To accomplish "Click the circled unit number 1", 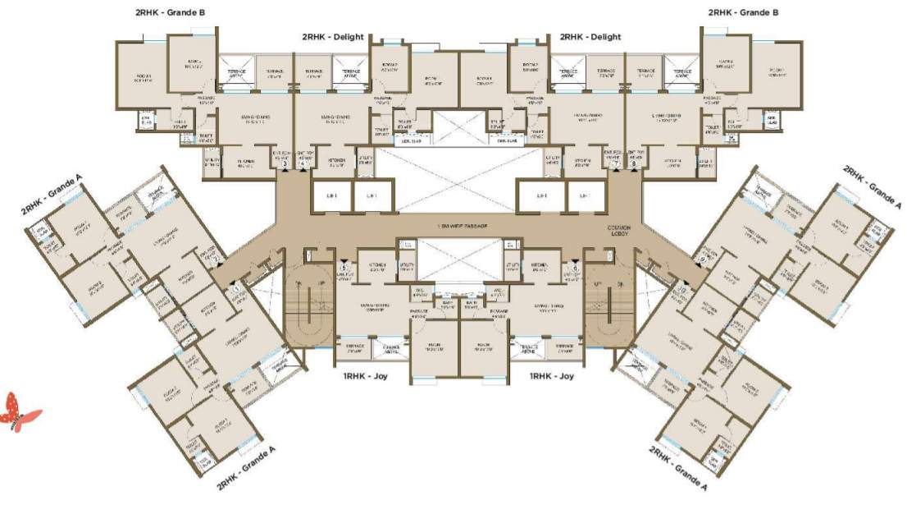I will (x=237, y=289).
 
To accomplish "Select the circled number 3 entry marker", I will (x=285, y=164).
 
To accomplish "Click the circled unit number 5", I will (x=344, y=268).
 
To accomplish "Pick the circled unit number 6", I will (x=576, y=268).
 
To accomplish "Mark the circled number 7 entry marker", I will (x=615, y=164).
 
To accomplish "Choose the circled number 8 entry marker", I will (x=634, y=164).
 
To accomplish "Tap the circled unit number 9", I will (x=703, y=259).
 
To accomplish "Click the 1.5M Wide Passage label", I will (x=461, y=225).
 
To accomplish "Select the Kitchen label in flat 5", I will (x=378, y=266).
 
